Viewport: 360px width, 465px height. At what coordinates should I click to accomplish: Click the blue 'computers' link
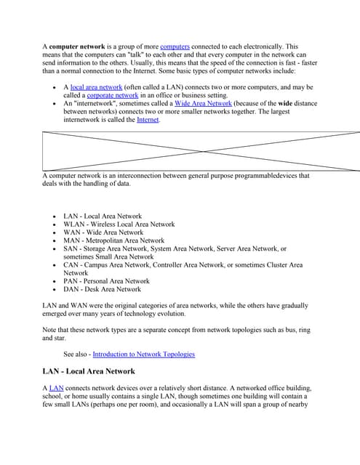click(175, 47)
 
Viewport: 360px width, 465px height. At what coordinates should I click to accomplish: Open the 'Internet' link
click(148, 120)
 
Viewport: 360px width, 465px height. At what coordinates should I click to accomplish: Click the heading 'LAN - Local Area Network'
click(89, 371)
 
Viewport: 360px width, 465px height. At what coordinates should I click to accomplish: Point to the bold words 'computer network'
click(77, 47)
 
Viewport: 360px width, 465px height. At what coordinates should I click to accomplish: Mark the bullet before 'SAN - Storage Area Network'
click(55, 249)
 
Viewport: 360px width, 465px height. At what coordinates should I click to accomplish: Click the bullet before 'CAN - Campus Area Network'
click(55, 265)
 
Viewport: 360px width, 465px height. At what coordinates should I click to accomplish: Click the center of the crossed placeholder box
click(201, 150)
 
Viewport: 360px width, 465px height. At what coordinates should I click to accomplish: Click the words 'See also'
click(76, 355)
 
